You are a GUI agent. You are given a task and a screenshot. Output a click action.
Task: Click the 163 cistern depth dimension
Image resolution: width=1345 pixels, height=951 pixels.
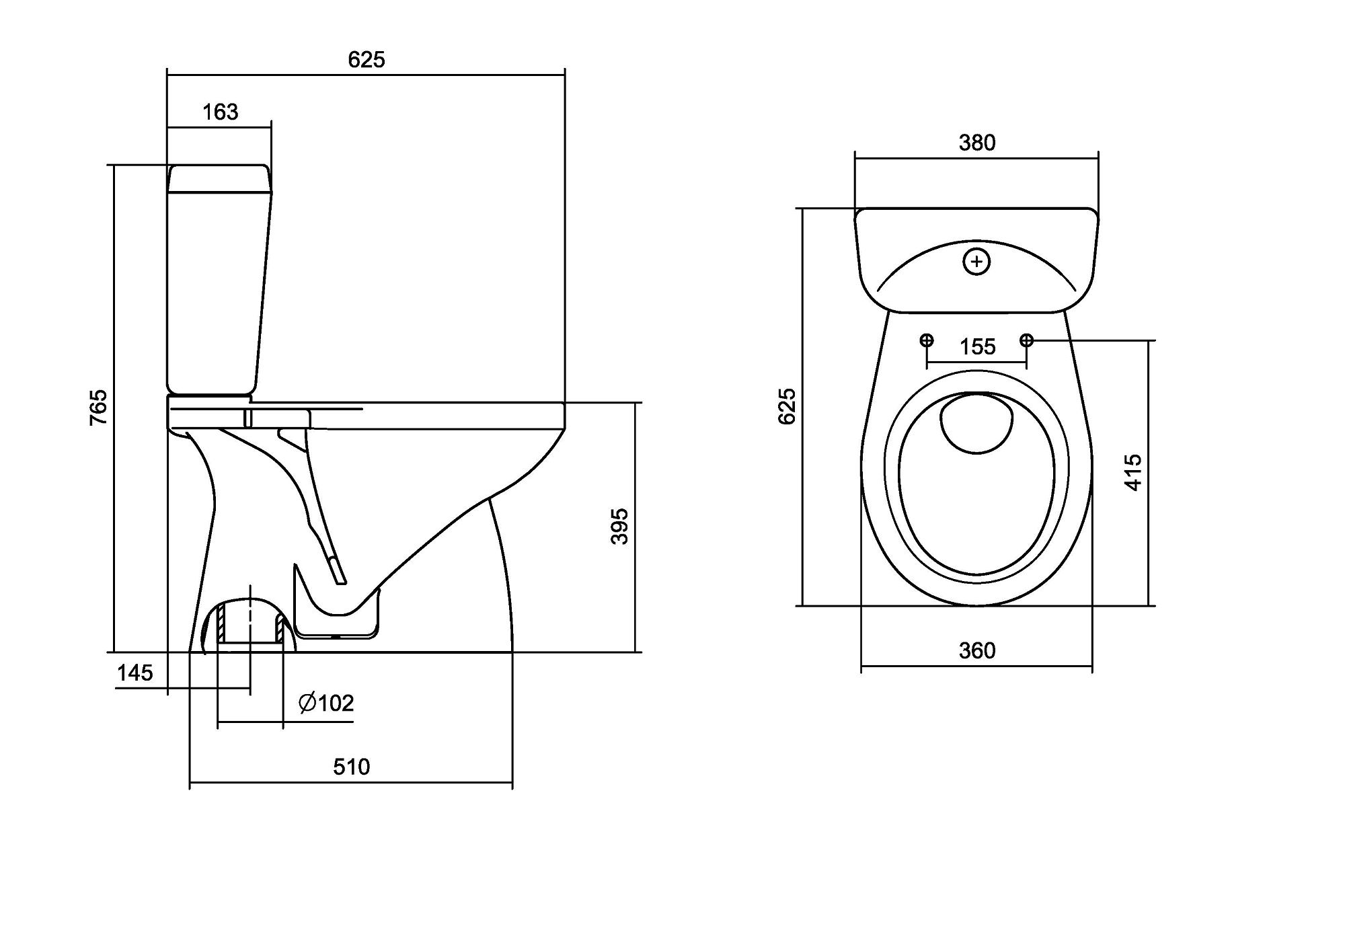(221, 112)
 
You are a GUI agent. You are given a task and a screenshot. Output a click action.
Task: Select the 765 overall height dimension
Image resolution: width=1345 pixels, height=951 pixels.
(98, 406)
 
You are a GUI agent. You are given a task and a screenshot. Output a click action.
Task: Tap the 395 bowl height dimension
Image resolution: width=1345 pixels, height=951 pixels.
(619, 526)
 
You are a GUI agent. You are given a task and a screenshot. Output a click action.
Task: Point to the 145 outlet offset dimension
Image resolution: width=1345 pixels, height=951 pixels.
(135, 673)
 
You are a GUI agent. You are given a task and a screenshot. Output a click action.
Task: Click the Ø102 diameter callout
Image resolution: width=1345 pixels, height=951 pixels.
(326, 703)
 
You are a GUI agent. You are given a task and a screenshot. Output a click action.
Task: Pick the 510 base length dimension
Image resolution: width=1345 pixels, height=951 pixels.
(352, 767)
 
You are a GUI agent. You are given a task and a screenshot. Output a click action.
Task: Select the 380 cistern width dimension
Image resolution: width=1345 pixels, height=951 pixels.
(976, 143)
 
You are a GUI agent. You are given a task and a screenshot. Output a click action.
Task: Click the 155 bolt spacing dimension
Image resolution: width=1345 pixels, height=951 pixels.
(977, 347)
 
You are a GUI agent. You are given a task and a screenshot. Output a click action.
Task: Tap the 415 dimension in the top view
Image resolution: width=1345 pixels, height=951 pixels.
(1133, 472)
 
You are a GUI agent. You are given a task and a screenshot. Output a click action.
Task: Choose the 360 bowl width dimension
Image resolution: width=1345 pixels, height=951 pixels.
(976, 650)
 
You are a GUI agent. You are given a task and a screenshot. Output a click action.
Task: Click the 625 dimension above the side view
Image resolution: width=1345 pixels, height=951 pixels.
(367, 60)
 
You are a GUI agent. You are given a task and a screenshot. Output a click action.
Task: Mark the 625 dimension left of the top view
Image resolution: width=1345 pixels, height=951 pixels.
(787, 406)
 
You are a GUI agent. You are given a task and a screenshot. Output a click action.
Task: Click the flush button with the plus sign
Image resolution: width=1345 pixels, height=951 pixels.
(976, 262)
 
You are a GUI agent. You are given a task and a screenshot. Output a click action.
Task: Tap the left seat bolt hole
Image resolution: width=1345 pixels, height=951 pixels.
(927, 340)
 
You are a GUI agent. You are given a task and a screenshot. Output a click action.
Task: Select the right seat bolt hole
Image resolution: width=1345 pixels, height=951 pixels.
(1026, 340)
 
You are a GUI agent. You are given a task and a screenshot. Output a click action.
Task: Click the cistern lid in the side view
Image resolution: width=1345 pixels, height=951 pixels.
(219, 178)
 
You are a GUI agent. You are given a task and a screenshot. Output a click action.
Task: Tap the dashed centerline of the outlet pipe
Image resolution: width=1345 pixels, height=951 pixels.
(250, 615)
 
